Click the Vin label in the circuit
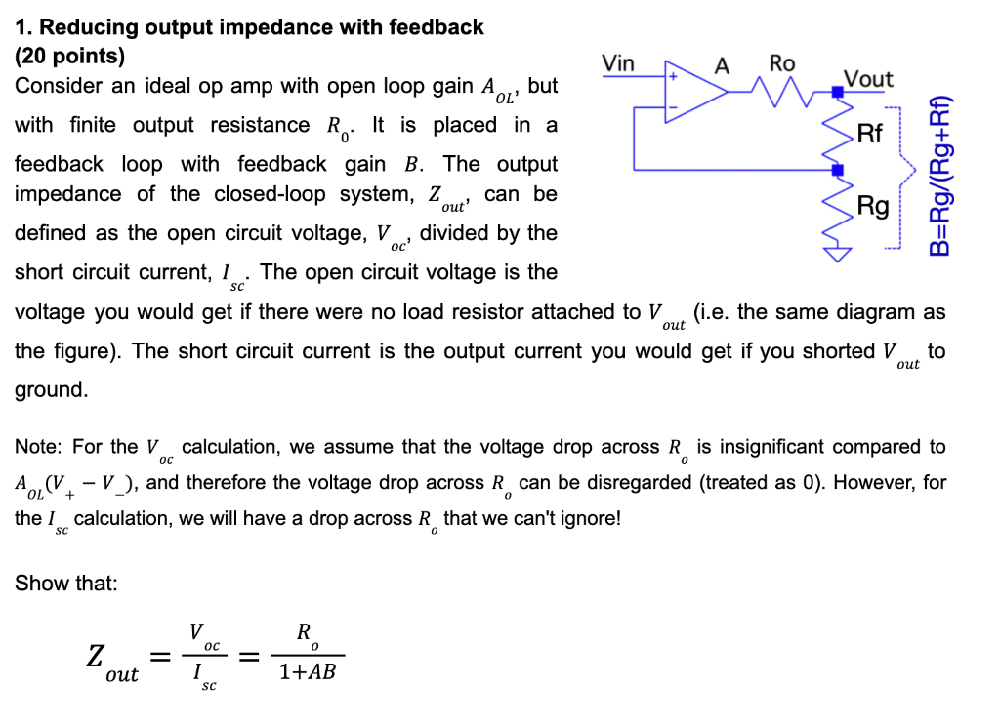click(x=618, y=63)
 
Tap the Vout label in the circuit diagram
click(x=867, y=78)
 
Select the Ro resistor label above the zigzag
click(x=782, y=63)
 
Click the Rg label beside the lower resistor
click(x=872, y=206)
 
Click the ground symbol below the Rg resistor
click(x=837, y=254)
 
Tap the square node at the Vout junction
click(x=837, y=93)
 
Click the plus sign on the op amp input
click(x=672, y=75)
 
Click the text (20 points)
click(x=69, y=56)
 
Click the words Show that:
click(x=66, y=584)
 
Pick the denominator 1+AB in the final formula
click(x=307, y=671)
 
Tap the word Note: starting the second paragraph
click(x=40, y=447)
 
